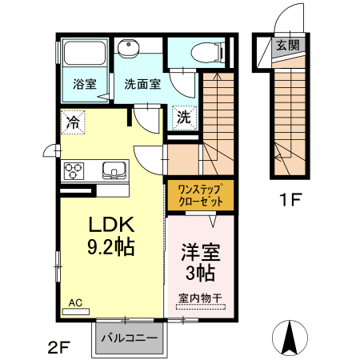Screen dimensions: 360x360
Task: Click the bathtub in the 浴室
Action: coord(85,53)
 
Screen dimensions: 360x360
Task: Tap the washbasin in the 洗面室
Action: coord(129,48)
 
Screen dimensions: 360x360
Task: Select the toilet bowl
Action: coord(207,52)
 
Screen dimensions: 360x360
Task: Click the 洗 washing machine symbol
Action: coord(184,118)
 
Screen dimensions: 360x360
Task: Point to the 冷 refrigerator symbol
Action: coord(73,122)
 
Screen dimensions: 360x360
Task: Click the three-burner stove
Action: coord(74,171)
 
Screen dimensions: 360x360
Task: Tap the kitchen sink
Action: coord(114,170)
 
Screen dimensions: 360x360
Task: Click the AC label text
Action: coord(75,302)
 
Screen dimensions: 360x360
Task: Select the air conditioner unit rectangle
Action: coord(76,312)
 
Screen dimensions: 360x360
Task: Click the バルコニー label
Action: coord(130,338)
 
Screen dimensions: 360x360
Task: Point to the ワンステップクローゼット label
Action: coord(201,195)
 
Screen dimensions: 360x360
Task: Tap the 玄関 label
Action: coord(287,45)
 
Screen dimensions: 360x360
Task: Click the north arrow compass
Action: coord(290,338)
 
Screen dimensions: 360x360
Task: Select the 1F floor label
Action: coord(290,199)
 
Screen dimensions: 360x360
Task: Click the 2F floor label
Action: coord(58,347)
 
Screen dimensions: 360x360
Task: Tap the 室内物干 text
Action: coord(200,298)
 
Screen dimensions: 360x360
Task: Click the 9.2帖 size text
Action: coord(110,247)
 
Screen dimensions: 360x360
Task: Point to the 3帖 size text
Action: coord(200,273)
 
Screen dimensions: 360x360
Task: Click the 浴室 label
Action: coord(85,84)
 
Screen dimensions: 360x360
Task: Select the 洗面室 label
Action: coord(142,84)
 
